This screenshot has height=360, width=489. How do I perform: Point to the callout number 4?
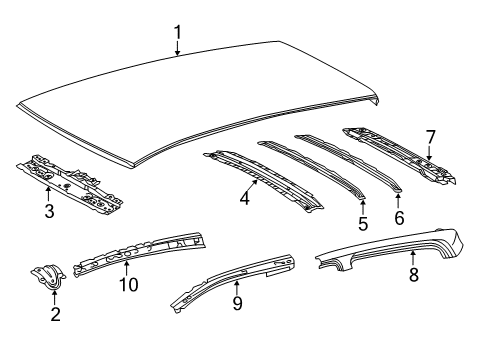coord(243,199)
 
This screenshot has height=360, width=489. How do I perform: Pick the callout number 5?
coord(363,224)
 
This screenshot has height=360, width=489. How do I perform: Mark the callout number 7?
coord(431,136)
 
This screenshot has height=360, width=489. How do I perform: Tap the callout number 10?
coord(129,285)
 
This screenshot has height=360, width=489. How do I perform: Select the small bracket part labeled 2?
coord(46,278)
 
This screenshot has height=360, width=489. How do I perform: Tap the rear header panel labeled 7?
coord(400,155)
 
